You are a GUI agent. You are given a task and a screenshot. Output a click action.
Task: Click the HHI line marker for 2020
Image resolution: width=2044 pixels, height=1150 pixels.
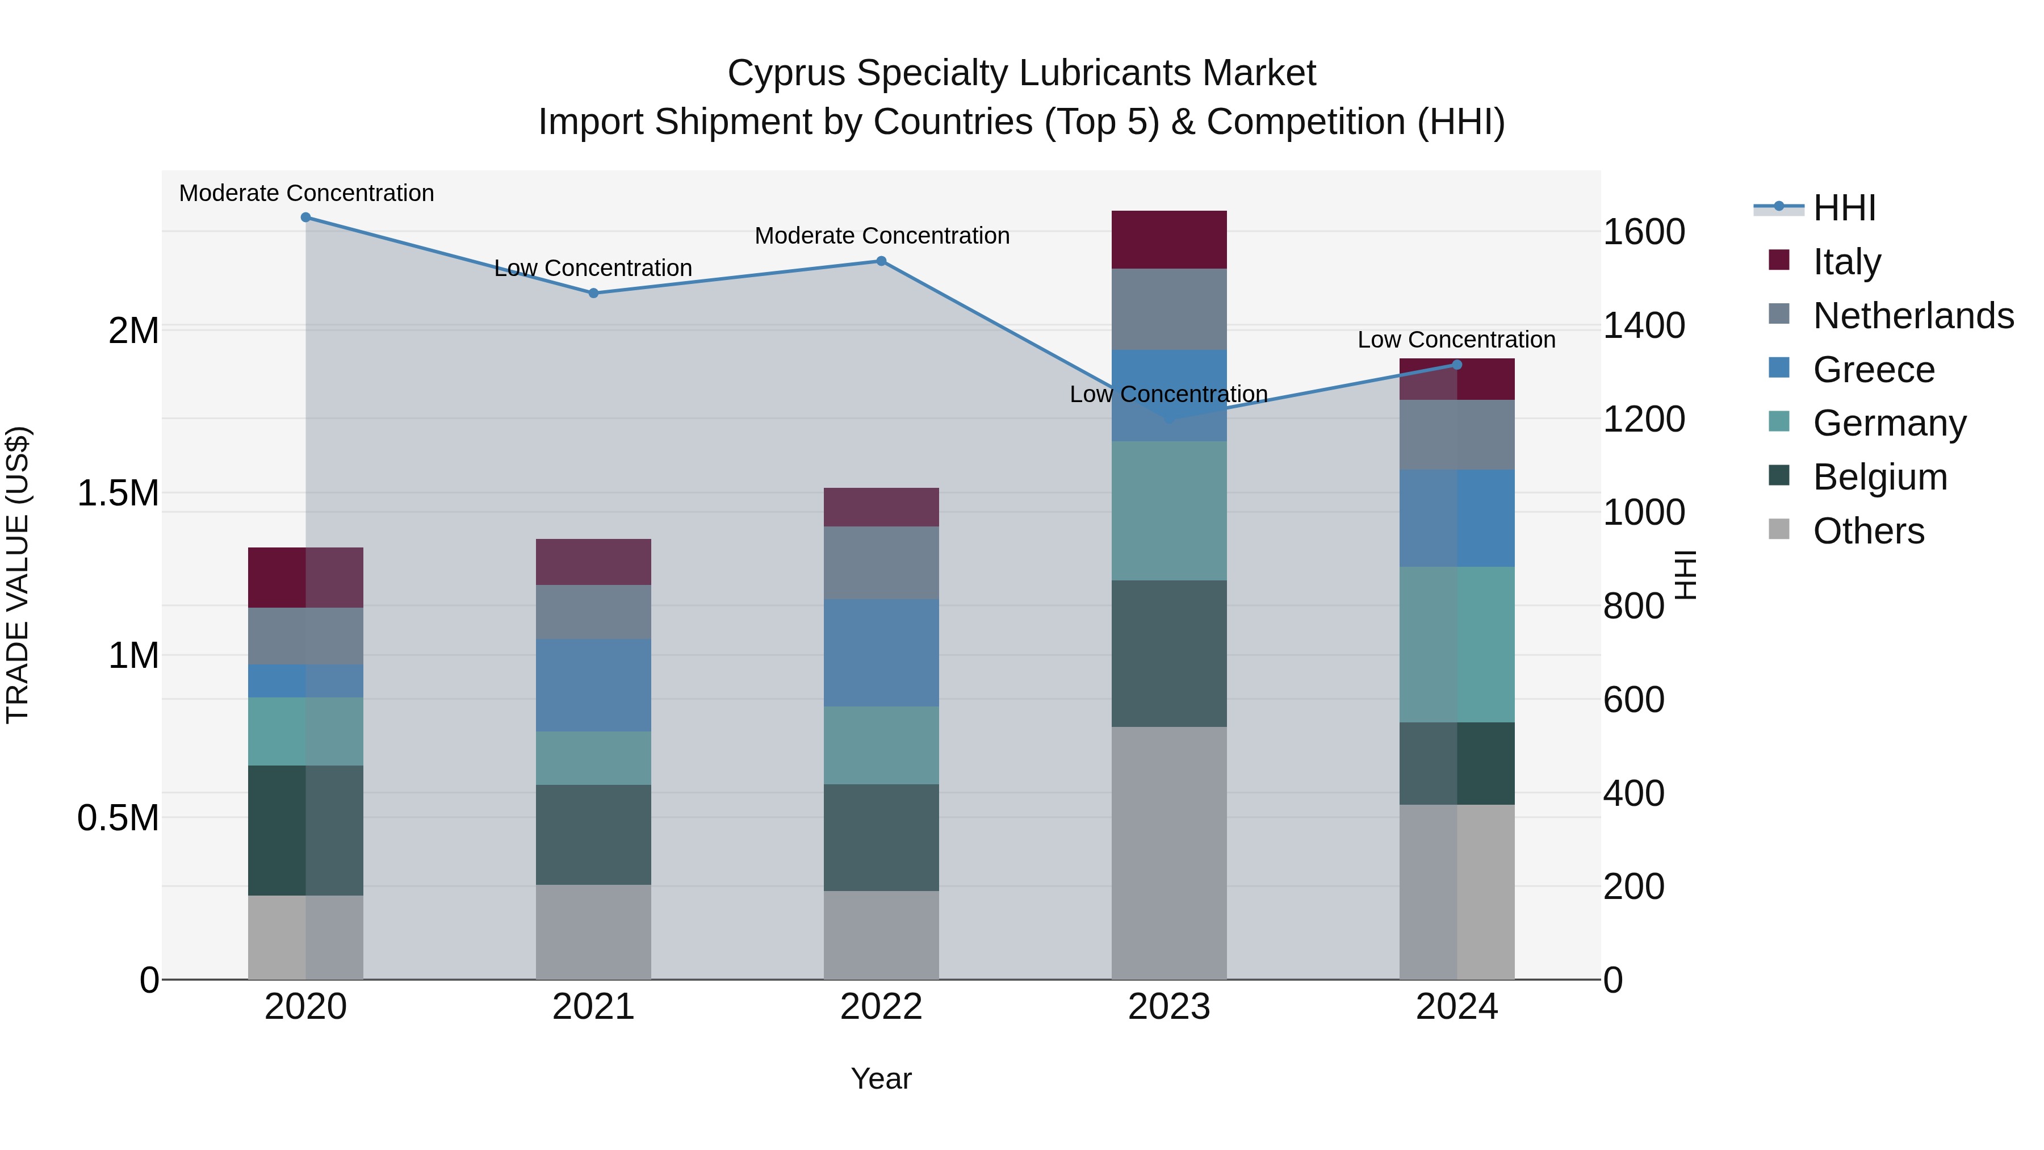(305, 218)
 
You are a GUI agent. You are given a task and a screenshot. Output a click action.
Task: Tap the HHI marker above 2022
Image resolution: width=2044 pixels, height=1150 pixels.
(881, 261)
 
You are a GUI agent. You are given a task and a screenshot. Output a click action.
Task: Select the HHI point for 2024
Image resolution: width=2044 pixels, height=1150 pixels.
(1457, 365)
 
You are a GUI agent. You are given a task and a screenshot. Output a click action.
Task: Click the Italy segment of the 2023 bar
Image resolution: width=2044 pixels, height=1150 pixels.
(1169, 240)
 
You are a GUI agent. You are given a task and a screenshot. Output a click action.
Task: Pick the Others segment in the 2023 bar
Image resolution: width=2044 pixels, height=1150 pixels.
(1169, 853)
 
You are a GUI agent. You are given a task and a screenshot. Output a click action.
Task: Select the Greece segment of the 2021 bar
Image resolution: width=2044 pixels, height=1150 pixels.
(593, 685)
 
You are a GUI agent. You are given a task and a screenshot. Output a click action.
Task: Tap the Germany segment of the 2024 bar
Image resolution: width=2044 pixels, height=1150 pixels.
(1457, 645)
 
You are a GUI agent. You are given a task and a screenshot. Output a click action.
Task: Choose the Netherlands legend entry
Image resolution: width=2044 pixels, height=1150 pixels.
(1912, 316)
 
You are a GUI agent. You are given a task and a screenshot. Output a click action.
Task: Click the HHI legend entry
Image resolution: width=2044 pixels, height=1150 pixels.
(1844, 208)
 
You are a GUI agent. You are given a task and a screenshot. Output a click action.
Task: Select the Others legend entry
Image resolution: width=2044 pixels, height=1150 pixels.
(1868, 531)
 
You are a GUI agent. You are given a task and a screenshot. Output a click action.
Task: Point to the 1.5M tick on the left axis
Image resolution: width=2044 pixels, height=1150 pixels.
(118, 494)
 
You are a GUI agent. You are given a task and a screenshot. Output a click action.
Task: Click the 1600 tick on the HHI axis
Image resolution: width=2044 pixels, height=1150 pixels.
(1644, 232)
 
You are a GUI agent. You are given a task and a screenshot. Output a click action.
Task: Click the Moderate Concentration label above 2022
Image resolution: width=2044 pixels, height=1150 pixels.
(882, 236)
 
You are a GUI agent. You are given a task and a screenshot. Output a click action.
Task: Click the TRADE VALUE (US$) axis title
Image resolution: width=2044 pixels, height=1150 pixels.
(18, 575)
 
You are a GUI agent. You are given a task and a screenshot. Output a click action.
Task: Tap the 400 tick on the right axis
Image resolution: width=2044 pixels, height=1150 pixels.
(1633, 793)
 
